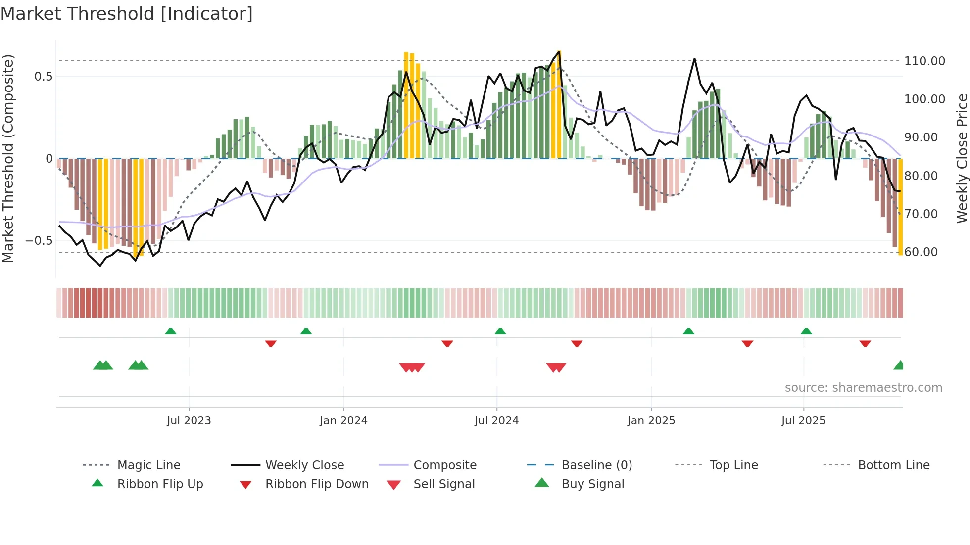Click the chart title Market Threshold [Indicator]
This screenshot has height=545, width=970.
(x=127, y=14)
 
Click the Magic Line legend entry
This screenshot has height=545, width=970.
(x=148, y=465)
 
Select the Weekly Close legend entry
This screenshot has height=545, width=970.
(x=304, y=465)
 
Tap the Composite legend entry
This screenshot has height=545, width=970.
(x=444, y=465)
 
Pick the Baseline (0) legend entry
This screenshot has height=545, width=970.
(x=596, y=465)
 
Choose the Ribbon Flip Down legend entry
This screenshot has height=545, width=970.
(x=317, y=484)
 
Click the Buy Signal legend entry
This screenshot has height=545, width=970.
(x=592, y=484)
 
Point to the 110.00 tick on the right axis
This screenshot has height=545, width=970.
(x=924, y=61)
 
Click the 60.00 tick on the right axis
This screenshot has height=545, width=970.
(x=921, y=252)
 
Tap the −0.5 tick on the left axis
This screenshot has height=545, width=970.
(x=39, y=241)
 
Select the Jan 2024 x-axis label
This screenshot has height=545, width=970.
(x=343, y=420)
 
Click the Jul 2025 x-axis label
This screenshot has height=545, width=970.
(x=803, y=420)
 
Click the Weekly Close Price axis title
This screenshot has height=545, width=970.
(x=961, y=158)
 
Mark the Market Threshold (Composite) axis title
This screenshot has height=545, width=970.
(x=8, y=158)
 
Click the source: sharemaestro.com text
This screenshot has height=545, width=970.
(x=863, y=387)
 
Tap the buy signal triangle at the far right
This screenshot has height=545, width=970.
(x=899, y=365)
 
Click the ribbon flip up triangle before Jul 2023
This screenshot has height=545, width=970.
(x=171, y=331)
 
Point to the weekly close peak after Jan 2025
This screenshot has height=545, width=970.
(x=694, y=59)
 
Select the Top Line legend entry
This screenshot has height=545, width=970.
(x=733, y=465)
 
